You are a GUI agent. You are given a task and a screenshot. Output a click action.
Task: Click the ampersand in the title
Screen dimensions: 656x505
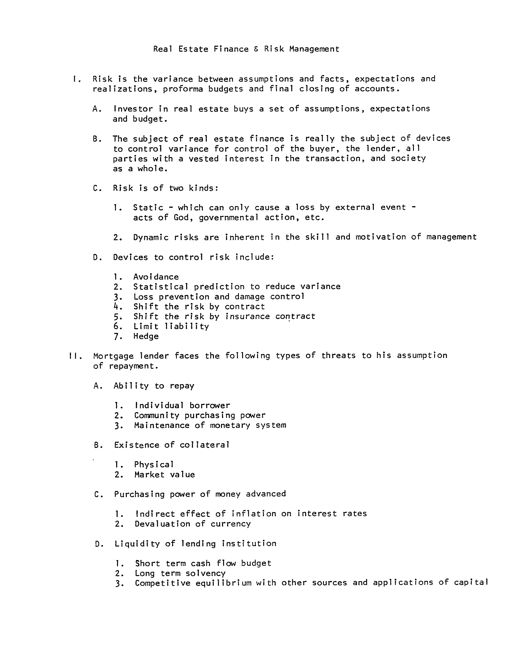256,49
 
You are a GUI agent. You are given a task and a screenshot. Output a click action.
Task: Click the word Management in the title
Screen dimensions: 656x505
314,49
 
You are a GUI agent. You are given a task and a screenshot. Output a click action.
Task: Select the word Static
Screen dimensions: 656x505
148,208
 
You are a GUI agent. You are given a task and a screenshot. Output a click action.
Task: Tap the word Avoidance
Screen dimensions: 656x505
156,277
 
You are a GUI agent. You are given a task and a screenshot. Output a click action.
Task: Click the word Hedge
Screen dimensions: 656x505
146,336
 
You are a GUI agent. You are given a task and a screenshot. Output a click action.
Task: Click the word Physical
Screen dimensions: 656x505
154,465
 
